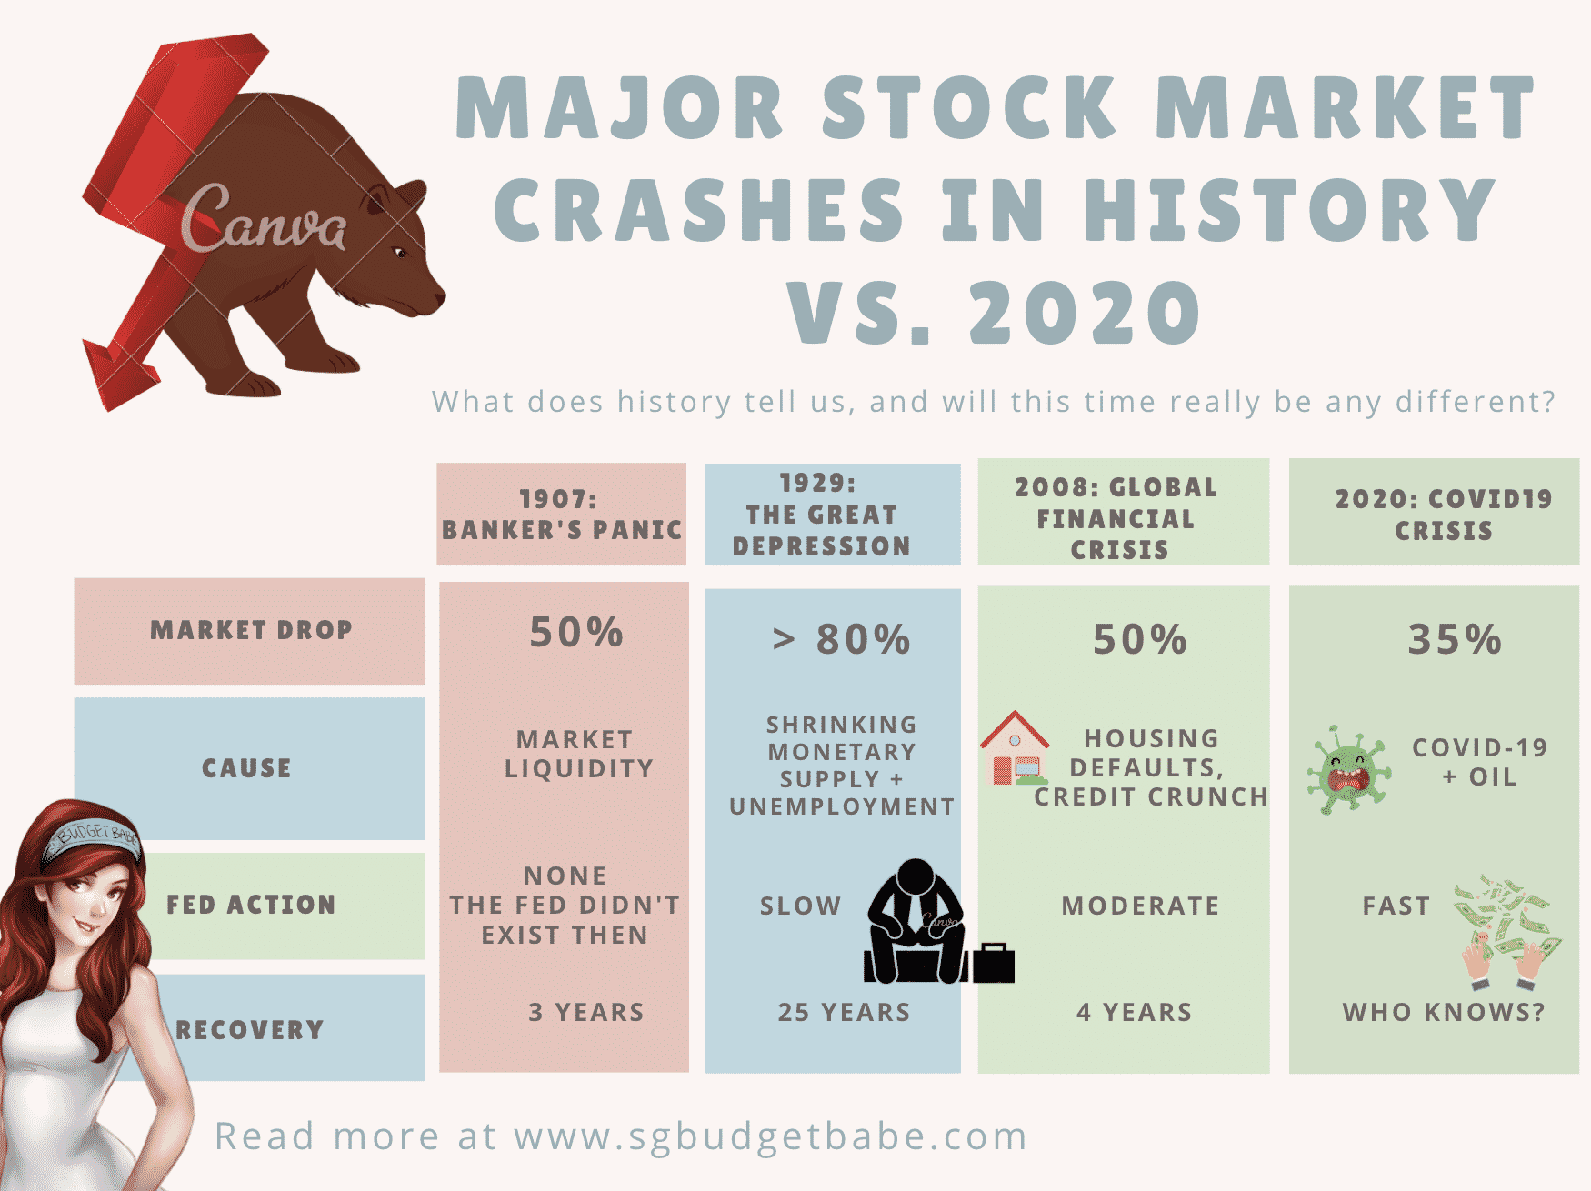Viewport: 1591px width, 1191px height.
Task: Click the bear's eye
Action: (398, 252)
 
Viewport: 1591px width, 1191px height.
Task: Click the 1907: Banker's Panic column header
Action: (562, 515)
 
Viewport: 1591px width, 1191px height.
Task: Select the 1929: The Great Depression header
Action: (833, 515)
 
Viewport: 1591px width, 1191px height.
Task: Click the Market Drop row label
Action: (250, 631)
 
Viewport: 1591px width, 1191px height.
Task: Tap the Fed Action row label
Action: (252, 905)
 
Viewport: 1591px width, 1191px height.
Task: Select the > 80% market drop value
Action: (841, 639)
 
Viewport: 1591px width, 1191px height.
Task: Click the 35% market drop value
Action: (1455, 639)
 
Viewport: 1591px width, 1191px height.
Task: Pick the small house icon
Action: (1015, 748)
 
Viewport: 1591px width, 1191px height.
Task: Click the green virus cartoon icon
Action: (1349, 769)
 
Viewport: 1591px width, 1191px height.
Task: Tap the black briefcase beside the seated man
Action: (993, 964)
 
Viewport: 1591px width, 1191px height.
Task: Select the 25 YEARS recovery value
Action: (844, 1012)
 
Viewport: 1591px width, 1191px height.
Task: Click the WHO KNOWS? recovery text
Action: (1444, 1012)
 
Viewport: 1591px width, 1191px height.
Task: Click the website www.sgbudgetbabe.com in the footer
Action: (771, 1137)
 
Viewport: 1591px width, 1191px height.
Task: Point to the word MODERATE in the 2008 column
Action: (1140, 906)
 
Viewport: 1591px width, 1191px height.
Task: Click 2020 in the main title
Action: (1086, 313)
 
